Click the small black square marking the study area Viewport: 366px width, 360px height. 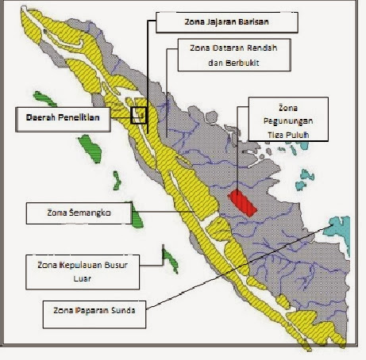140,116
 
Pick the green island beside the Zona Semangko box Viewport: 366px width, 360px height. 136,214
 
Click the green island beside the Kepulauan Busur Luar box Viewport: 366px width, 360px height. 168,257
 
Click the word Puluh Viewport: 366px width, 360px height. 291,136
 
